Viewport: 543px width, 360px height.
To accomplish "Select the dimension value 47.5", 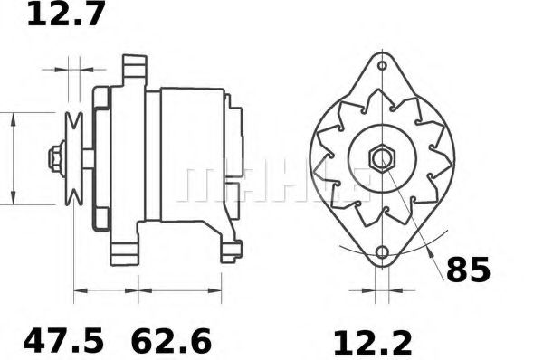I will [64, 341].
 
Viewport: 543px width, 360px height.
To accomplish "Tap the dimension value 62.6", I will [171, 341].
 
